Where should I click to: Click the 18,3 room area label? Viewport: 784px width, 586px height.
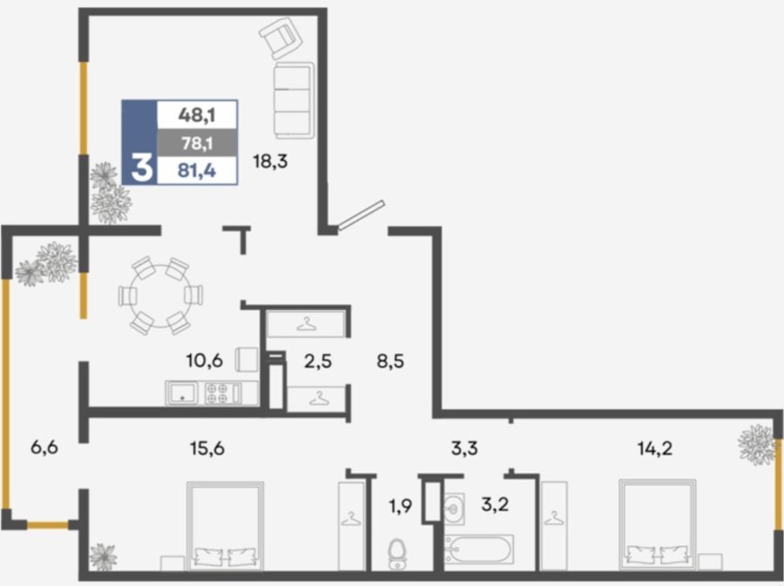click(271, 162)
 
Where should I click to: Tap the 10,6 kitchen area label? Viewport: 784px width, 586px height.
click(204, 360)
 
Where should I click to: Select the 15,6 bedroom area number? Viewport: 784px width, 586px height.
click(207, 448)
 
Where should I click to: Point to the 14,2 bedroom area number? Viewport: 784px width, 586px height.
click(655, 448)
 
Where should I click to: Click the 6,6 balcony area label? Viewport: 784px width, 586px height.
click(44, 447)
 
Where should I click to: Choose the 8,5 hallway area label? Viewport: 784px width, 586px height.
click(390, 360)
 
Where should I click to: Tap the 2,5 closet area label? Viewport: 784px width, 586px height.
click(318, 360)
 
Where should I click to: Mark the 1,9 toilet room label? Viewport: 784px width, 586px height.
click(401, 507)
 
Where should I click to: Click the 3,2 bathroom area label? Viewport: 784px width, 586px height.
click(495, 504)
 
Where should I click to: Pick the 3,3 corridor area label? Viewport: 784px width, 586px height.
click(464, 448)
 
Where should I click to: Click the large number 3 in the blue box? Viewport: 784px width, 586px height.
click(141, 167)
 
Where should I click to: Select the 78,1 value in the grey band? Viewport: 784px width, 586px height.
click(197, 144)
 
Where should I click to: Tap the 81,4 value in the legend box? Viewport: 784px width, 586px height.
click(197, 171)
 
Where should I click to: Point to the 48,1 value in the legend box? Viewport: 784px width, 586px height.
click(197, 116)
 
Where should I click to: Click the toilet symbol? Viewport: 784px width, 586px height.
click(397, 554)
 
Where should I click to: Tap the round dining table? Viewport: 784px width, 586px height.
click(160, 295)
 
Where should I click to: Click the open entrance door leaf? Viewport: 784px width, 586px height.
click(361, 215)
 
